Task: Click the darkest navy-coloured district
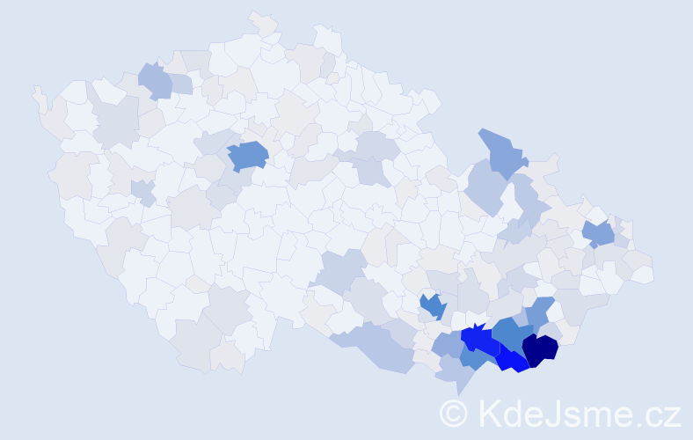540,348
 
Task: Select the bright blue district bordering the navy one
511,360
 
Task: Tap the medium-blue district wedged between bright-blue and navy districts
509,334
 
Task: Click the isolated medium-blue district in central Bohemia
248,156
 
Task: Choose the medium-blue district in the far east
599,233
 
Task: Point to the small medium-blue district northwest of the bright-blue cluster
432,305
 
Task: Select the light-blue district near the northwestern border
155,81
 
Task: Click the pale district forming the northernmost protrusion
262,25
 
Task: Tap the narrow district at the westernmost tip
39,97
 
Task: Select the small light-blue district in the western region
142,189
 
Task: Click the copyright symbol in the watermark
454,413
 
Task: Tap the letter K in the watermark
489,413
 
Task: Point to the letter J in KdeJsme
553,413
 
